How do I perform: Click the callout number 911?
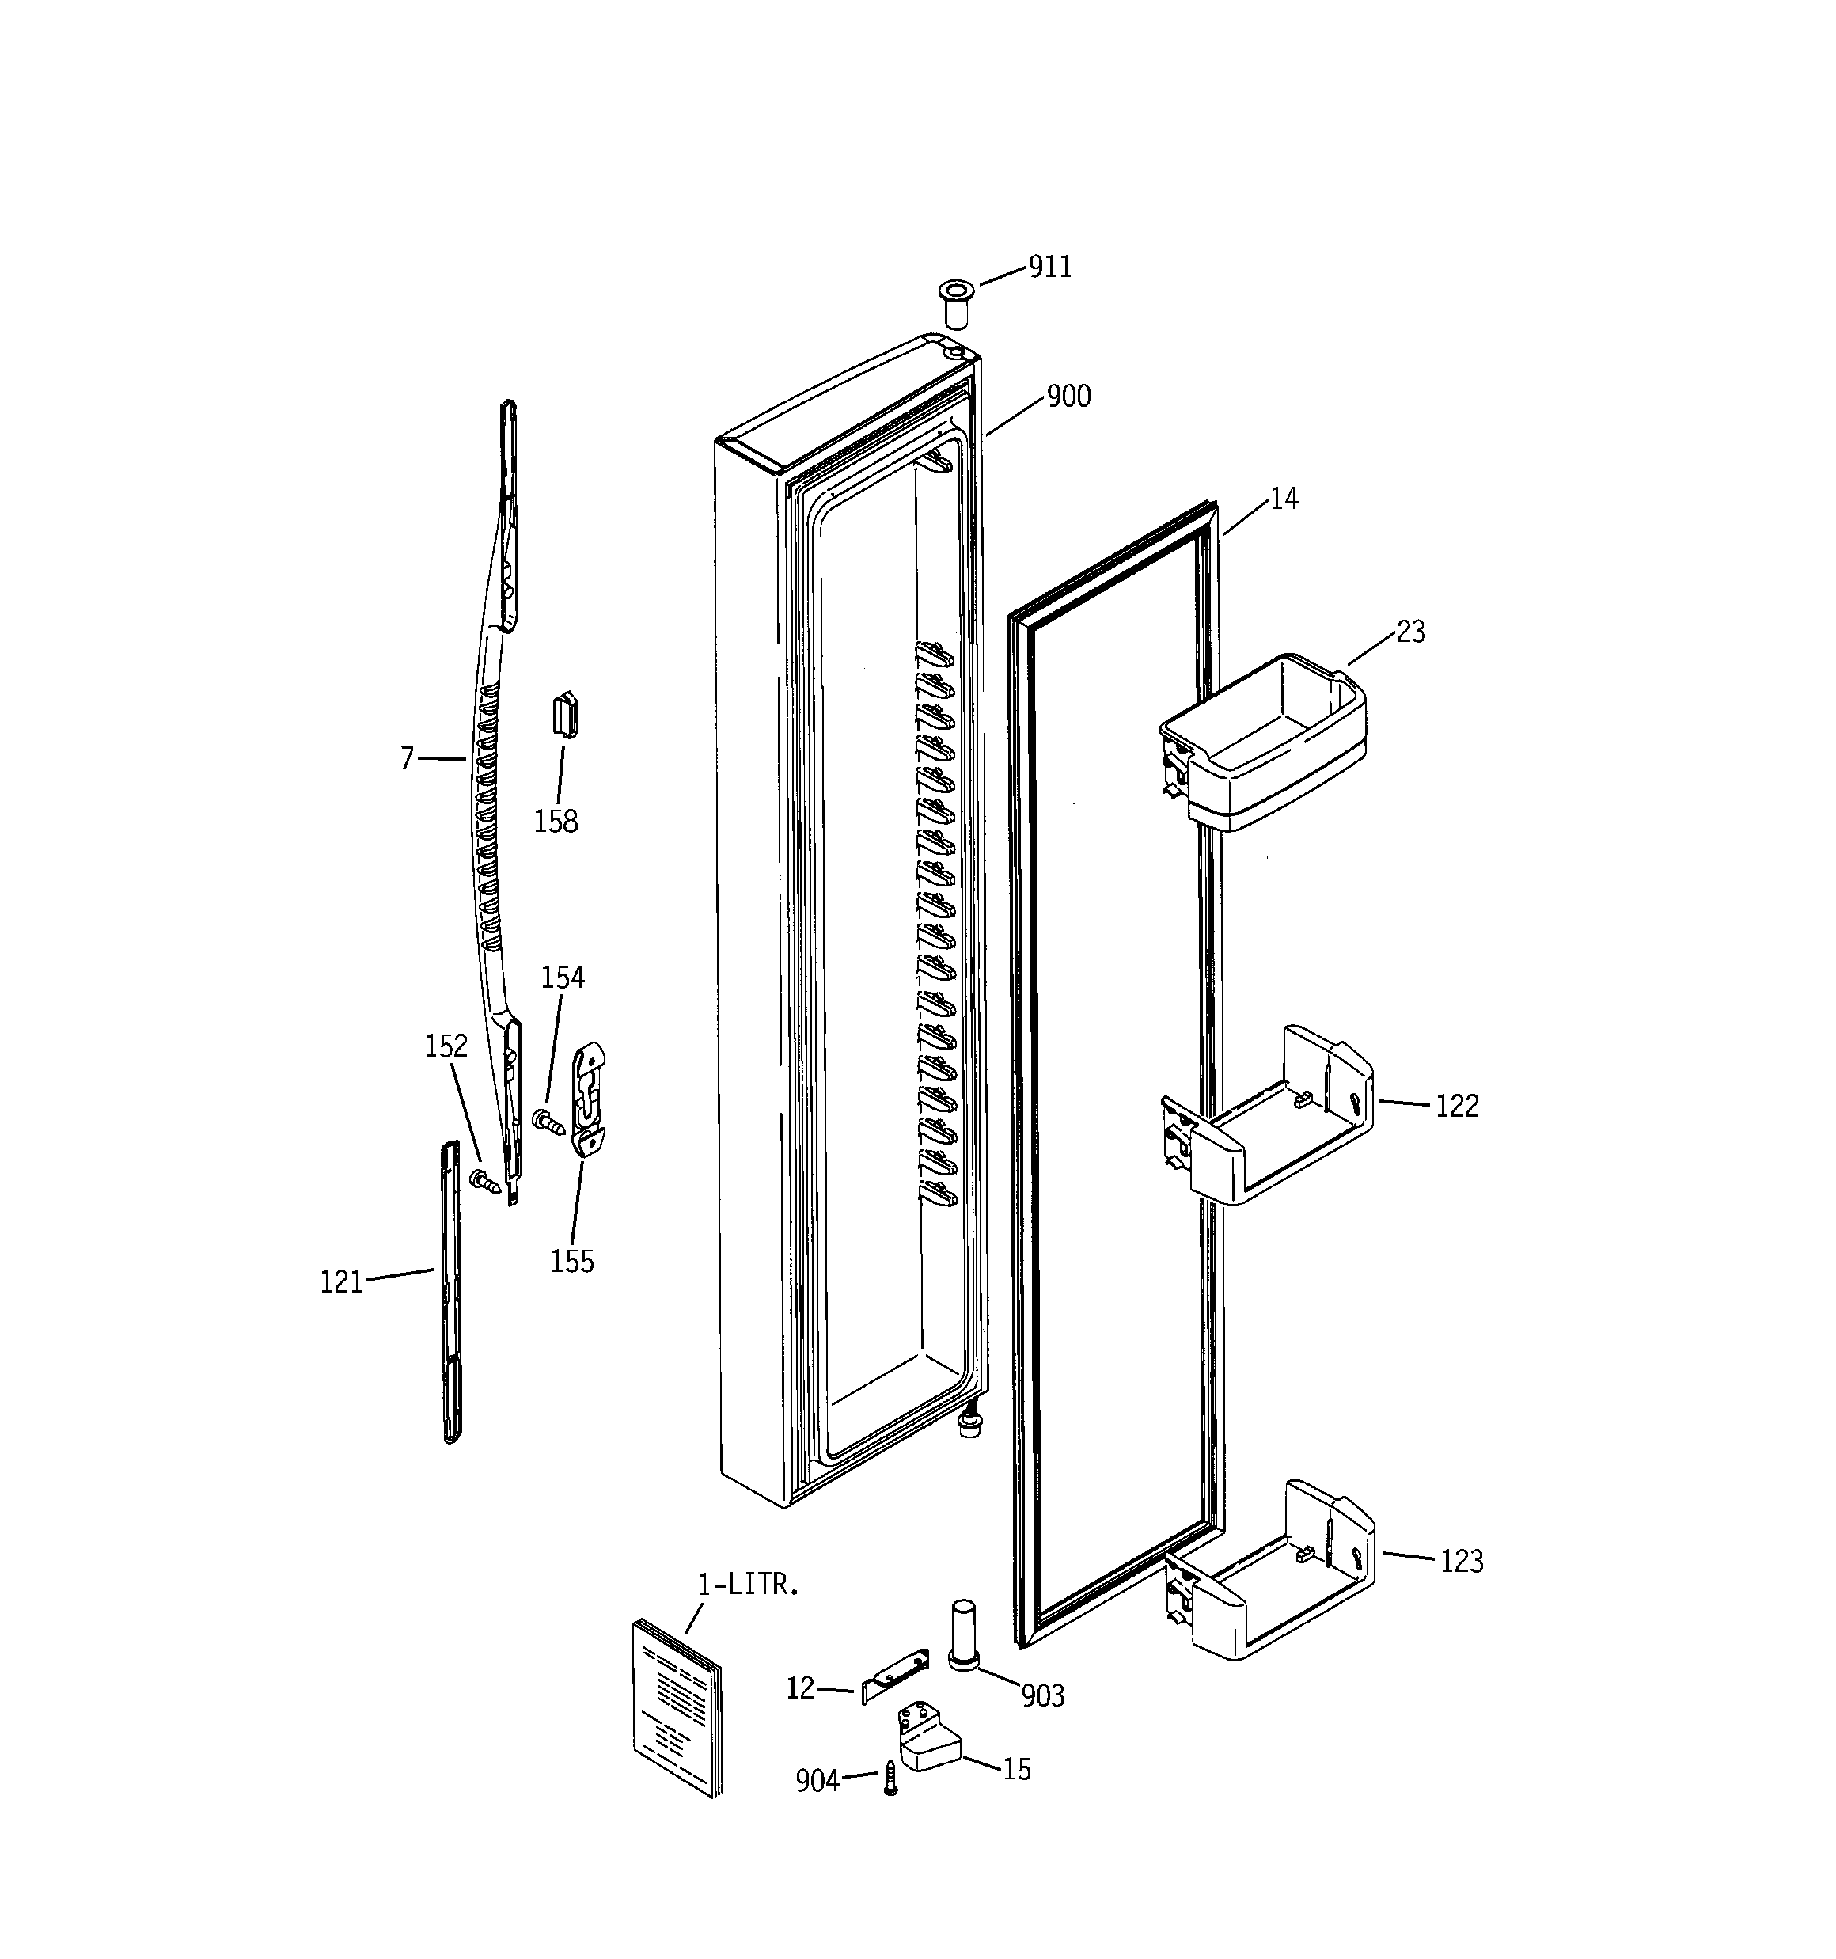[x=1049, y=267]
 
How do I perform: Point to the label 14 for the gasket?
[x=1283, y=499]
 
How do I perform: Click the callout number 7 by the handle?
[x=407, y=759]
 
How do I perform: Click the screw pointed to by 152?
[x=486, y=1182]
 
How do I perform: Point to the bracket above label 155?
[x=588, y=1099]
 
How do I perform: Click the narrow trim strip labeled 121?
[x=450, y=1291]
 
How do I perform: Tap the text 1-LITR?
[x=747, y=1585]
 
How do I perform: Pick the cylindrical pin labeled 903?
[x=963, y=1637]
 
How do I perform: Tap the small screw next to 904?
[x=891, y=1779]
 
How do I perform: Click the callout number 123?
[x=1461, y=1561]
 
